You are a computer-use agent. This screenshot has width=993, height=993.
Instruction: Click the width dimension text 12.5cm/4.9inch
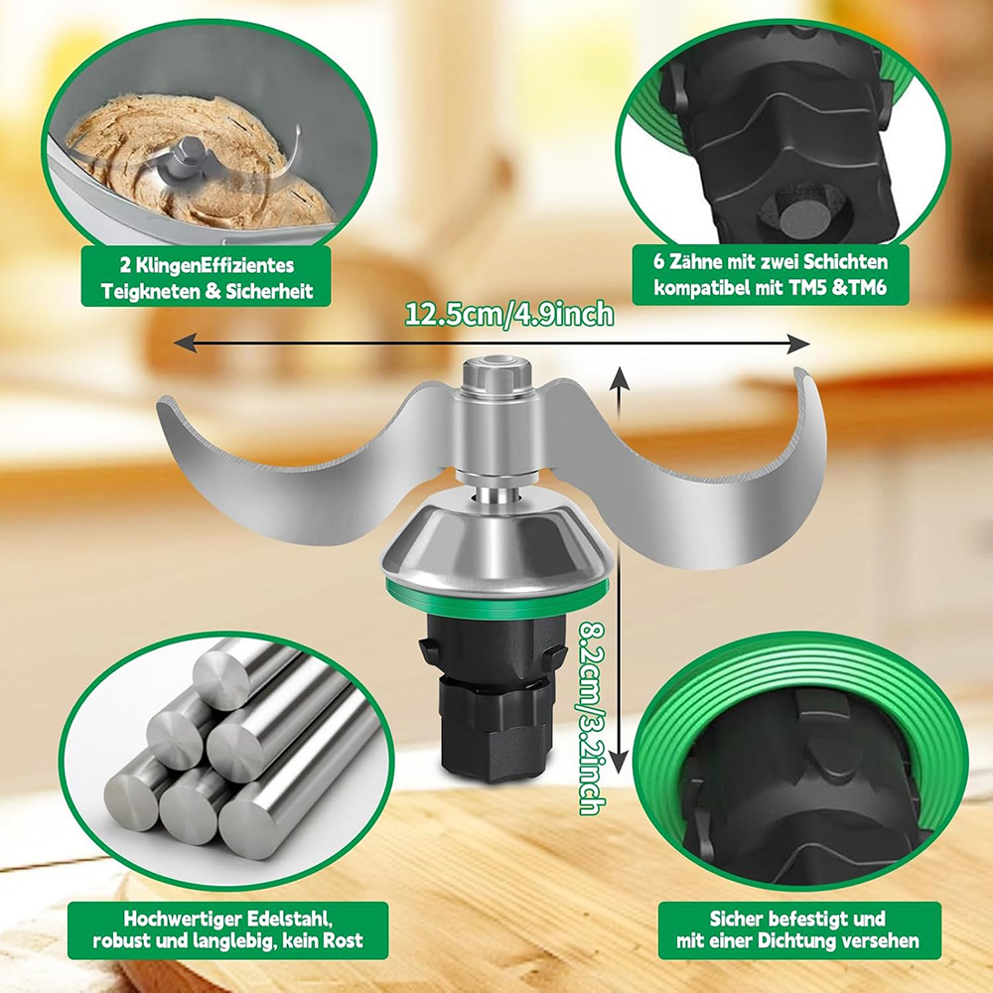pyautogui.click(x=509, y=314)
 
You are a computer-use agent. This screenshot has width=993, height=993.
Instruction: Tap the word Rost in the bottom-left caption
pyautogui.click(x=344, y=940)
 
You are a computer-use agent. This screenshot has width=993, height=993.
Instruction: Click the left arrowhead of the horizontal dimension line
pyautogui.click(x=185, y=345)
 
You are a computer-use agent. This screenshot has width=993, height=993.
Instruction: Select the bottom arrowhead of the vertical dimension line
pyautogui.click(x=620, y=758)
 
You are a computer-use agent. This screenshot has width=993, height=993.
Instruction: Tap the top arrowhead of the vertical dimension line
pyautogui.click(x=620, y=377)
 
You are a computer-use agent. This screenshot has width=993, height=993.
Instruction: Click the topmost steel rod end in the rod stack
pyautogui.click(x=221, y=674)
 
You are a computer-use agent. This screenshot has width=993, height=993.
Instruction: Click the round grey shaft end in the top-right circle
pyautogui.click(x=803, y=217)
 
